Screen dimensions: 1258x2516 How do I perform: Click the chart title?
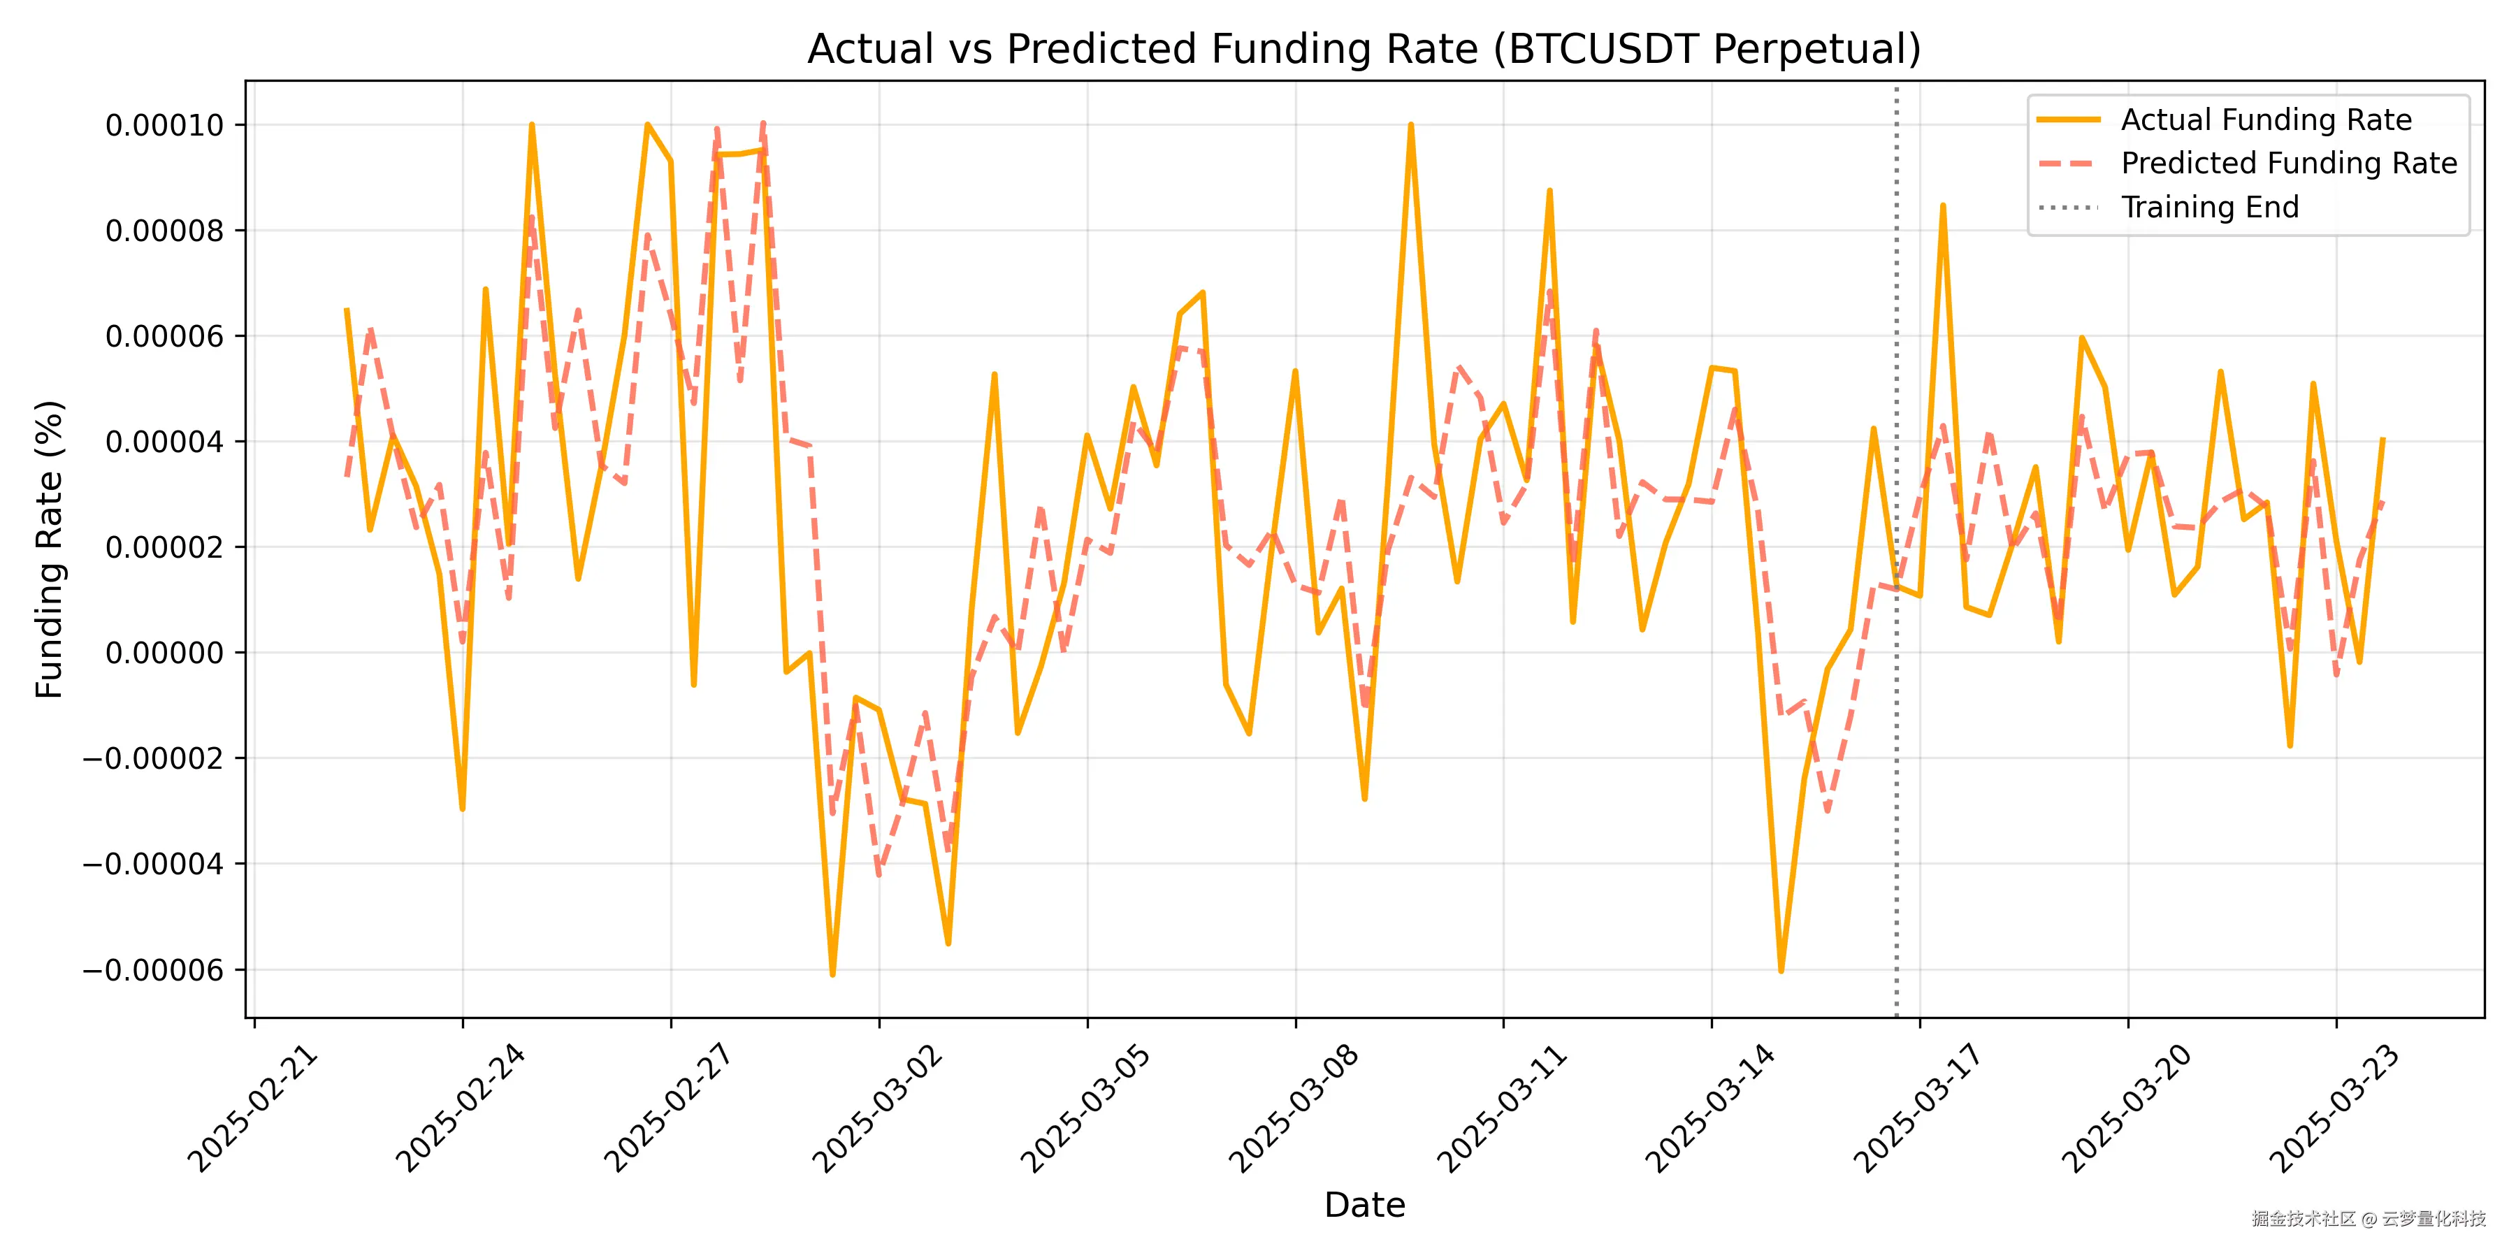click(x=1364, y=49)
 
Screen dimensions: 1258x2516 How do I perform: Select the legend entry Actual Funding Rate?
click(x=2266, y=120)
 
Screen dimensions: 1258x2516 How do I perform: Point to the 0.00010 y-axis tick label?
click(x=164, y=125)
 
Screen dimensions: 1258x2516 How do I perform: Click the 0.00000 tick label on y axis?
click(x=164, y=653)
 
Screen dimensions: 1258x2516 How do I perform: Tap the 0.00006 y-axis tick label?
click(x=164, y=336)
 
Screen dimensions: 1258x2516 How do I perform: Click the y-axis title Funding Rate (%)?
click(x=49, y=549)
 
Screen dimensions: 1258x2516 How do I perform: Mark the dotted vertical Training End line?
click(x=1897, y=781)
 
